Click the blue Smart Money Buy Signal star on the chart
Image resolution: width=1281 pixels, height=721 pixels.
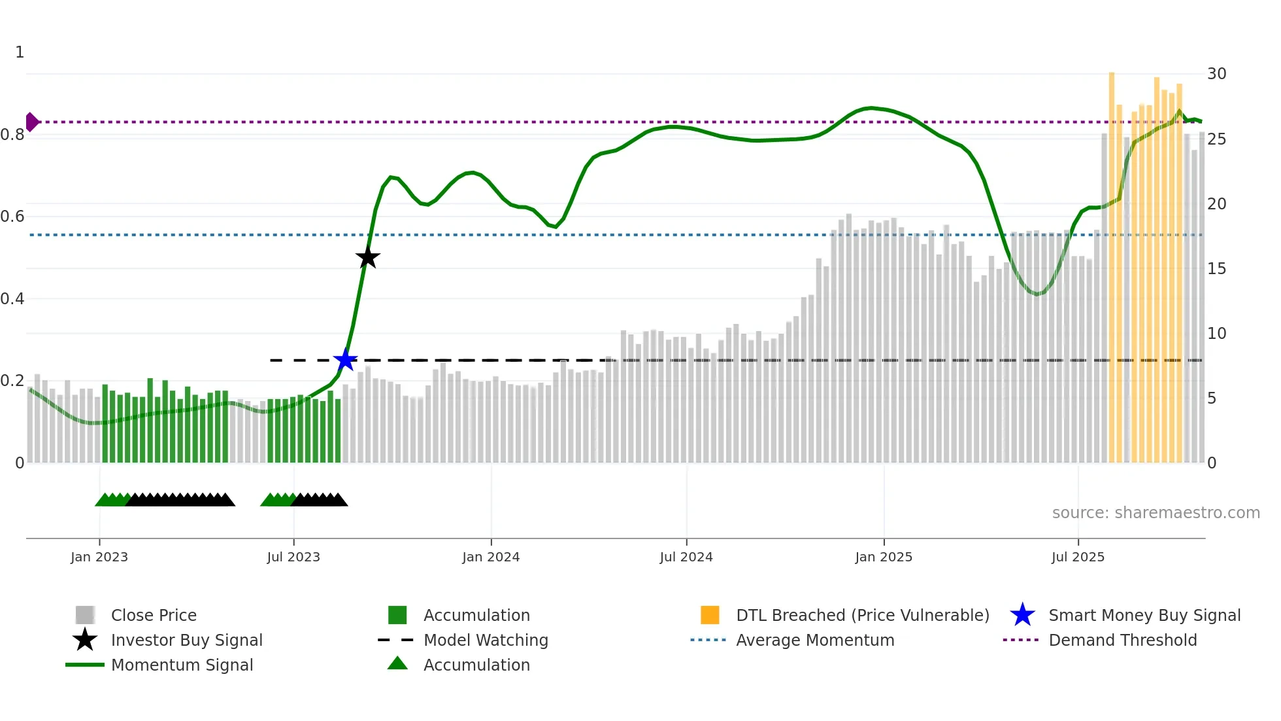pyautogui.click(x=345, y=359)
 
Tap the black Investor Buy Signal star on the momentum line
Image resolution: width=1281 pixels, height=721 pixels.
pyautogui.click(x=368, y=257)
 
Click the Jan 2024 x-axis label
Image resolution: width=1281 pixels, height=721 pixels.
pyautogui.click(x=491, y=557)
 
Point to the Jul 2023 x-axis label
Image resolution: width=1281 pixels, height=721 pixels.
pyautogui.click(x=293, y=557)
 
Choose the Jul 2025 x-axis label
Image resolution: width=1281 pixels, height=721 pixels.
pyautogui.click(x=1078, y=557)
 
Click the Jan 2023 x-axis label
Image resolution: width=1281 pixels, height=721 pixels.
pyautogui.click(x=99, y=557)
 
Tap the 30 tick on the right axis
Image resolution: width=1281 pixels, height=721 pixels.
pyautogui.click(x=1216, y=74)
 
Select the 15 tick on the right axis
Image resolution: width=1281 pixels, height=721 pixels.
pyautogui.click(x=1216, y=269)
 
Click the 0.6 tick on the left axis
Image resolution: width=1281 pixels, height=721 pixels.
pyautogui.click(x=12, y=217)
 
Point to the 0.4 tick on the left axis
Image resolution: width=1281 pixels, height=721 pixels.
pyautogui.click(x=12, y=299)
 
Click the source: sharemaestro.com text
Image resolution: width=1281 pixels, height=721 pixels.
pyautogui.click(x=1156, y=513)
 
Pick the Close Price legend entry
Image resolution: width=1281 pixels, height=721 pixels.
pyautogui.click(x=154, y=616)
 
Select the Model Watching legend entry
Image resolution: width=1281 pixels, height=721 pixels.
pyautogui.click(x=486, y=641)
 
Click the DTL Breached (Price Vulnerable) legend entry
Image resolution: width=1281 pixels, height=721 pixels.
pyautogui.click(x=862, y=616)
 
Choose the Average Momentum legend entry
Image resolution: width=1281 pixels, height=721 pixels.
pyautogui.click(x=815, y=641)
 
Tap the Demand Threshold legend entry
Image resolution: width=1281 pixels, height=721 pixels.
pyautogui.click(x=1122, y=641)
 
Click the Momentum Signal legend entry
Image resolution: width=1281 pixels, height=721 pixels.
pyautogui.click(x=182, y=665)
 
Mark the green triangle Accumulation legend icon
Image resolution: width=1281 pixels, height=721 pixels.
pyautogui.click(x=397, y=663)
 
